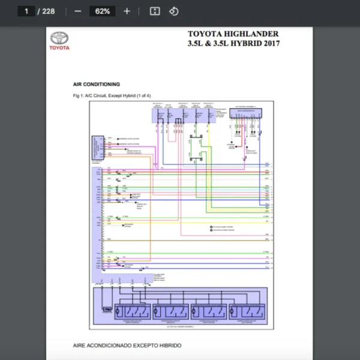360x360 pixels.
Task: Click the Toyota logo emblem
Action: point(59,37)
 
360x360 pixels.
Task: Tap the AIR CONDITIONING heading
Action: point(96,85)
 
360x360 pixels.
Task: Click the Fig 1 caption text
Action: point(112,96)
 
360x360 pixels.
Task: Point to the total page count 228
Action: point(48,11)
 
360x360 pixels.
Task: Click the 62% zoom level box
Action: point(102,11)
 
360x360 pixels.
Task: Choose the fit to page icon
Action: point(154,11)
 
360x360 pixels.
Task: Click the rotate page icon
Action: point(173,11)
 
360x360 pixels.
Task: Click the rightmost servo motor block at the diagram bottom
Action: point(247,311)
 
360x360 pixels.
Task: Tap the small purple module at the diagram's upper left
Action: point(97,148)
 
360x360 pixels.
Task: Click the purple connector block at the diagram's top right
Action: point(246,113)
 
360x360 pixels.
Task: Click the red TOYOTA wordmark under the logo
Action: point(59,48)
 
